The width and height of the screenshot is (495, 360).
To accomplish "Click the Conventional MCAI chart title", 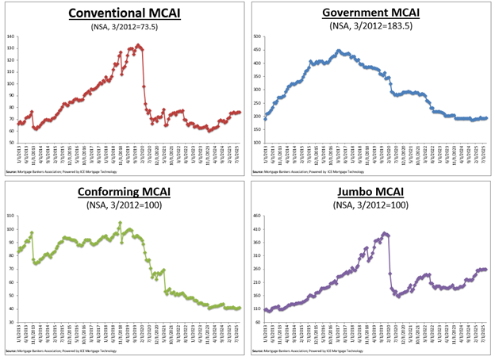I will coord(124,13).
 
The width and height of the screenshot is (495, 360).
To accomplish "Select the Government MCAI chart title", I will coord(371,13).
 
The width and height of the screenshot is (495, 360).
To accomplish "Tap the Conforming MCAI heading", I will coord(124,193).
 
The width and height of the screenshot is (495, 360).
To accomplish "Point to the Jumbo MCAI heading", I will coord(371,193).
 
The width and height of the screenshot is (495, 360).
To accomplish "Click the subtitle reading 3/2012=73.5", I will coord(124,26).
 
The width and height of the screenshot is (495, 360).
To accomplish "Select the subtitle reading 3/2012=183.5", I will coord(371,26).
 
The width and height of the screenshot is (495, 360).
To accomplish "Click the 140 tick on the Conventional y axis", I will coord(11,36).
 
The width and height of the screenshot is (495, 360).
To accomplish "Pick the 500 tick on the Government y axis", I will coord(259,36).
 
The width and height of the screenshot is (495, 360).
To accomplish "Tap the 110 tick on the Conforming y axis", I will coord(11,216).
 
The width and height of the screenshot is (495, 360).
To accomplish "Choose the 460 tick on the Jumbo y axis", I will coord(259,216).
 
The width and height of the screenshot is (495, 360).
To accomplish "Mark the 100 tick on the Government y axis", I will coord(259,143).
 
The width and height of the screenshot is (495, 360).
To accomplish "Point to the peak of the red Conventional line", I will coord(138,45).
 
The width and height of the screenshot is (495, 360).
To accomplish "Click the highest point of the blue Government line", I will coord(339,51).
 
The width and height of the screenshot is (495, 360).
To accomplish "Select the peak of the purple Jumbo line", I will coord(385,233).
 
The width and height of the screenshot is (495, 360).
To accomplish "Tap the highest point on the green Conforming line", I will coord(120,223).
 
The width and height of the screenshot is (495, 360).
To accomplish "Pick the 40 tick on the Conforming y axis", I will coord(11,309).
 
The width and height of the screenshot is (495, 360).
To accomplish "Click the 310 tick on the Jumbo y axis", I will coord(259,255).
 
